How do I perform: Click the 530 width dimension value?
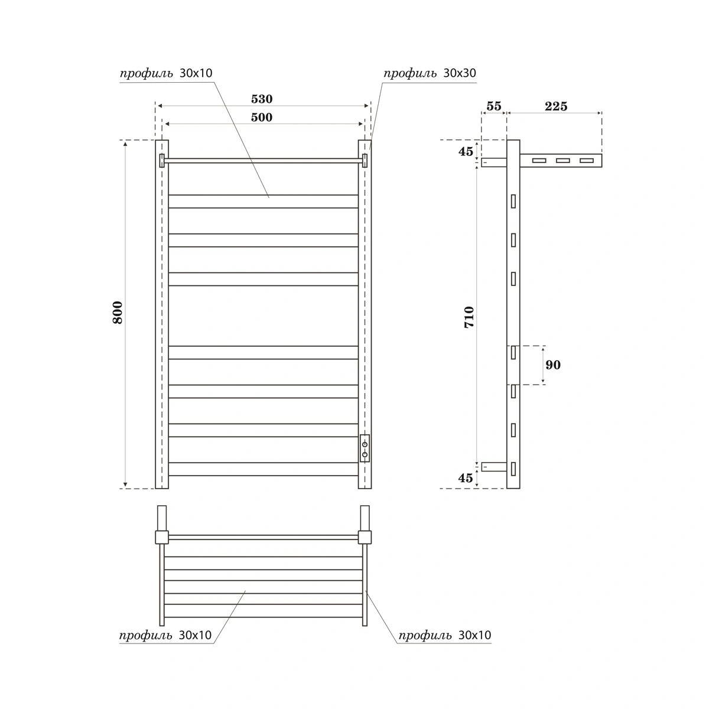pos(262,99)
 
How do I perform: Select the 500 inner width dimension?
pos(262,117)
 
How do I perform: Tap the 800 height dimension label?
pos(118,312)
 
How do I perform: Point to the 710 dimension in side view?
pos(469,317)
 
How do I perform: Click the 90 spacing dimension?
pos(553,365)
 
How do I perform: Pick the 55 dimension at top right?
pos(493,106)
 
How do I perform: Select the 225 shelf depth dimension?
pos(556,106)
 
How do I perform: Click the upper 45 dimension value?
pos(466,151)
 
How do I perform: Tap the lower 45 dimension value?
pos(466,478)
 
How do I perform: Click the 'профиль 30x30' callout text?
pos(430,73)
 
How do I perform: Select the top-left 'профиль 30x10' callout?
pos(166,73)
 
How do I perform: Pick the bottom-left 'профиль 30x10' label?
pos(165,635)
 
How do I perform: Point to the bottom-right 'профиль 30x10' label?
pos(444,635)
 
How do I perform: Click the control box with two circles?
pos(365,448)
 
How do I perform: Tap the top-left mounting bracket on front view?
pos(162,160)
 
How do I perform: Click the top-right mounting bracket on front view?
pos(365,160)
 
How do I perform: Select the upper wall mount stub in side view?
pos(494,162)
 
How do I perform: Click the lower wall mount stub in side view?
pos(494,467)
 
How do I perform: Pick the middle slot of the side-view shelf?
pos(562,160)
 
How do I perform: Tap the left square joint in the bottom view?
pos(162,537)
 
